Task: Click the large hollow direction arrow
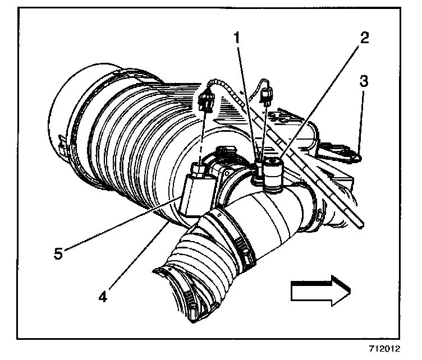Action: click(320, 290)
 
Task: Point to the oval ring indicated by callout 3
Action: click(350, 152)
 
